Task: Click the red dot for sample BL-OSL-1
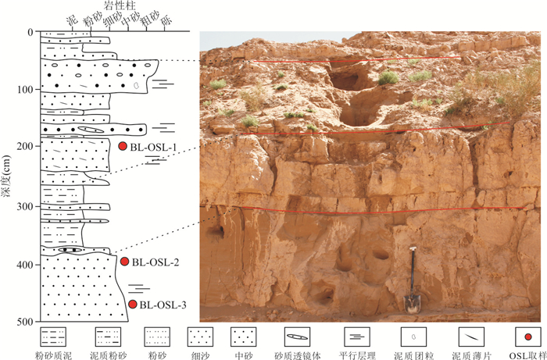click(123, 146)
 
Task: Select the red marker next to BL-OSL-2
click(124, 262)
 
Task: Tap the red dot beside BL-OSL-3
click(133, 305)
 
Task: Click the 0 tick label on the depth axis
click(30, 32)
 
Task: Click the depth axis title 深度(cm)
click(6, 176)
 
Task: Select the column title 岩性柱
click(120, 5)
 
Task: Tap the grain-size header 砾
click(167, 21)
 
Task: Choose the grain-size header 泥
click(72, 21)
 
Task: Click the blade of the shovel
click(412, 304)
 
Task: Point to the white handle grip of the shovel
click(413, 248)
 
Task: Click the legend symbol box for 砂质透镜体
click(297, 337)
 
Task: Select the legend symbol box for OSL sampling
click(528, 337)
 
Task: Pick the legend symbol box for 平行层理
click(357, 337)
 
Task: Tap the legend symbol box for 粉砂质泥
click(53, 337)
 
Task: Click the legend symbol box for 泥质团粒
click(413, 337)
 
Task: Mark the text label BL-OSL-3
click(163, 305)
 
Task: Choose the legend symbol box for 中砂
click(244, 337)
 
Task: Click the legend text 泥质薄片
click(472, 355)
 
